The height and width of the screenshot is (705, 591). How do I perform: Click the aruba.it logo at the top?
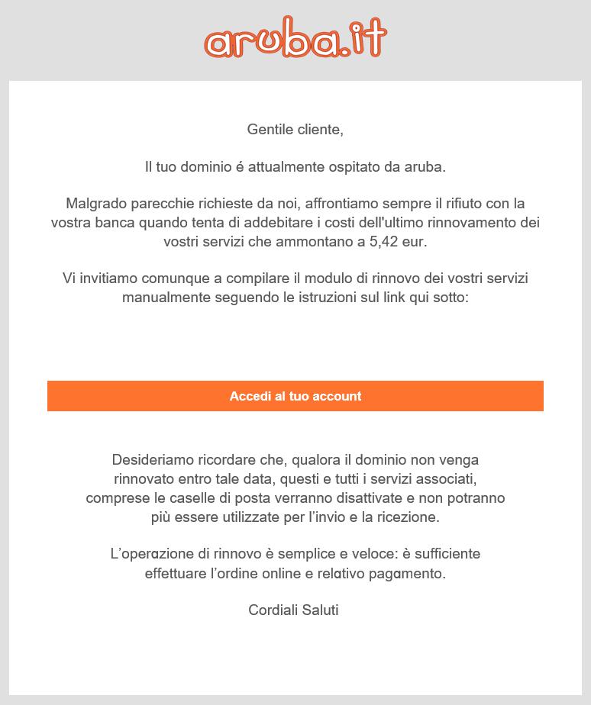coord(295,39)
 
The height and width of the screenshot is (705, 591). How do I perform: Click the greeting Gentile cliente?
coord(295,130)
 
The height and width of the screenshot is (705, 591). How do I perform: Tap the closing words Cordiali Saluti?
coord(293,610)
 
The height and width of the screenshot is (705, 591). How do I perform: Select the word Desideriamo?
coord(150,460)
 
